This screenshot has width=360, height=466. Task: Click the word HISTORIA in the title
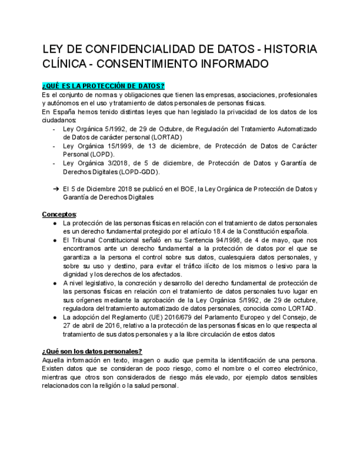pyautogui.click(x=289, y=49)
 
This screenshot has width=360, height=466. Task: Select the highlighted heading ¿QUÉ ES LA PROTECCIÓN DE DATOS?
pyautogui.click(x=103, y=86)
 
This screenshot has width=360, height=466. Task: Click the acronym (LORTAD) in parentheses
pyautogui.click(x=163, y=137)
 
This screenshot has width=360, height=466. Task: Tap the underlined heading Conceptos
pyautogui.click(x=59, y=214)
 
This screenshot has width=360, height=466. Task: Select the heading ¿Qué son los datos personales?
pyautogui.click(x=92, y=351)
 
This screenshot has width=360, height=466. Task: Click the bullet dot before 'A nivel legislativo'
pyautogui.click(x=55, y=283)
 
